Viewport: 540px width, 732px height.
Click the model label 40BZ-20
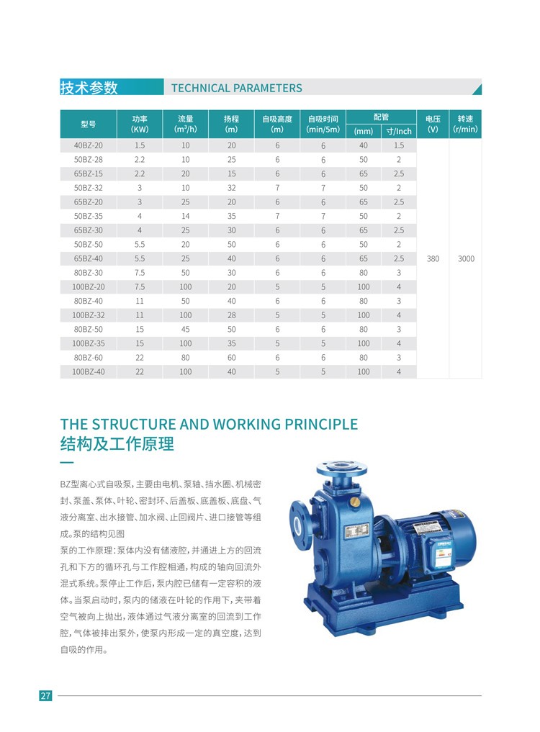coord(88,145)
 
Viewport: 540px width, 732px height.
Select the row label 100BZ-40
coord(88,371)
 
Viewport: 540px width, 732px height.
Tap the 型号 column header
coord(88,124)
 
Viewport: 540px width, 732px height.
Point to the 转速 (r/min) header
coord(465,124)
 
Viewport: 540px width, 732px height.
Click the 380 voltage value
coord(433,258)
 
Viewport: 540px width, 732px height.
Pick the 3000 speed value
coord(466,258)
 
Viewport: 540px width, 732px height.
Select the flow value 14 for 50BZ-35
coord(185,216)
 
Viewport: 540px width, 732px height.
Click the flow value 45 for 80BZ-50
coord(185,329)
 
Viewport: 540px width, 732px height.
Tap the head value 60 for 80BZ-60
coord(231,357)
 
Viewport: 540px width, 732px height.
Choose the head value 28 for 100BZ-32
coord(231,315)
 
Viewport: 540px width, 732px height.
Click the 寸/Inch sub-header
coord(399,131)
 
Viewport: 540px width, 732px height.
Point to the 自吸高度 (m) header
coord(277,124)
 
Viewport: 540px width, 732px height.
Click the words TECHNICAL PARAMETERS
coord(237,89)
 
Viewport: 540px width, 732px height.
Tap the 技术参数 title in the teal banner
coord(89,88)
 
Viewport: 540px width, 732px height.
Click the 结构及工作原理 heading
coord(117,444)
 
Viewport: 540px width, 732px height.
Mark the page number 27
coord(45,695)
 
